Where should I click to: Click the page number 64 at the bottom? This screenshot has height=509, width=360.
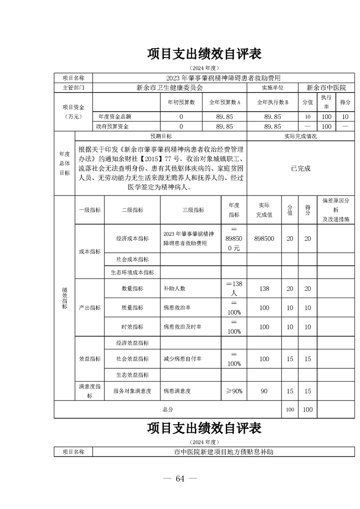pos(180,479)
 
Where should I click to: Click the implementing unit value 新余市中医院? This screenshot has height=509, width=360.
pos(326,88)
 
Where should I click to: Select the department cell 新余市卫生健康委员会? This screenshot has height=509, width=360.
pos(169,88)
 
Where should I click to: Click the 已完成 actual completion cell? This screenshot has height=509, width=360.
pos(301,168)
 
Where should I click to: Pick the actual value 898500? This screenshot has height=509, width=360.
pos(264,238)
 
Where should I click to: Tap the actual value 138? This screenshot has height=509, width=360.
pos(264,289)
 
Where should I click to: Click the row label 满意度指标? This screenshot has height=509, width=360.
pos(89,391)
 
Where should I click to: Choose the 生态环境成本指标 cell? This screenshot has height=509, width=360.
pos(132,272)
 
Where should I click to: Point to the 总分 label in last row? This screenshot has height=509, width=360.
pos(168,409)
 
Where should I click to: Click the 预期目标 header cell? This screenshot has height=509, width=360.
pos(161,136)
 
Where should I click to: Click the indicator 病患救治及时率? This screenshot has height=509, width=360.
pos(182,327)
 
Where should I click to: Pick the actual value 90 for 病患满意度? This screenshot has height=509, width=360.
pos(264,391)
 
